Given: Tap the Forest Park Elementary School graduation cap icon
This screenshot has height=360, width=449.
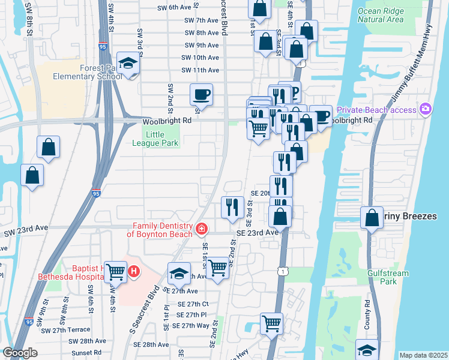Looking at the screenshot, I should (128, 63).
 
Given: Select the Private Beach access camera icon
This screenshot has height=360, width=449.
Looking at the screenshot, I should (426, 109).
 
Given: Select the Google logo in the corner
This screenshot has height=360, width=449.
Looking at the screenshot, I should (20, 353).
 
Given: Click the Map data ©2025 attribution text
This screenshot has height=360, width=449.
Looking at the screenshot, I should (423, 355).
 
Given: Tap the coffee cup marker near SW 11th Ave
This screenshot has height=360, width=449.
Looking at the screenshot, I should (201, 94).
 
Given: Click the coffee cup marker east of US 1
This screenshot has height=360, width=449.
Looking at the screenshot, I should (322, 115).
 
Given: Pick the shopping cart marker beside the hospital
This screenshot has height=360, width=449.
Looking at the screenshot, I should (115, 271).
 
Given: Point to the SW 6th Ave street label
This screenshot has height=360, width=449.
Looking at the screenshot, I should (173, 7).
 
